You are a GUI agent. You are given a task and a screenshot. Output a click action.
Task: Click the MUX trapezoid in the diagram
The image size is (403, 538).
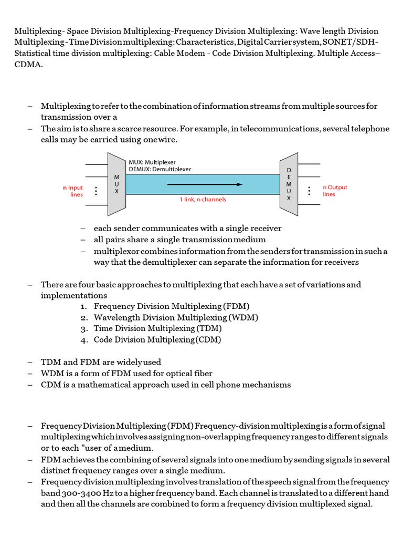116,184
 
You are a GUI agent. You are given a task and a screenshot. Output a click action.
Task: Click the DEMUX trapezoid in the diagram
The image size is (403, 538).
289,184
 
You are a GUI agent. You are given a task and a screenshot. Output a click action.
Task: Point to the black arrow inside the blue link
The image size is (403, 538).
205,184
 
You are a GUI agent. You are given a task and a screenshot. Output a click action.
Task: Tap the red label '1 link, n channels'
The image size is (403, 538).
203,200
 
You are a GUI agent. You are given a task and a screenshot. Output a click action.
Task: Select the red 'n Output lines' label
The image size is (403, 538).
335,190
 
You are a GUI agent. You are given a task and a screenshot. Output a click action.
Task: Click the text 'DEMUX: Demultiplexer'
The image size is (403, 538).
160,169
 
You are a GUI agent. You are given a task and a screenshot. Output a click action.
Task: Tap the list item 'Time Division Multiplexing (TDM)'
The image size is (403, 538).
157,328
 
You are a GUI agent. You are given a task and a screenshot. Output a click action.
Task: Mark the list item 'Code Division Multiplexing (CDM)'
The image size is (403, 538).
157,340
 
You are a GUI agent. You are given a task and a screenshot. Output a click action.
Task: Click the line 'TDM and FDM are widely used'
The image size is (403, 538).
101,362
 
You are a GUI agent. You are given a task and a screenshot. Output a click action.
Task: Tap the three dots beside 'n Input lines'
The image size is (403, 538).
96,191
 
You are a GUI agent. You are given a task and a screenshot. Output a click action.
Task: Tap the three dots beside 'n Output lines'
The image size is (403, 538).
310,190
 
